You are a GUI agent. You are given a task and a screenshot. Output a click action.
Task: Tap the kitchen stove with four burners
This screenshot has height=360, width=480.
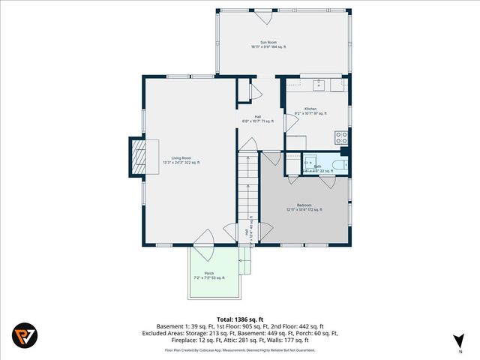341,137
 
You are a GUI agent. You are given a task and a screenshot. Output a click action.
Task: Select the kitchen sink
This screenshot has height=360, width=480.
319,85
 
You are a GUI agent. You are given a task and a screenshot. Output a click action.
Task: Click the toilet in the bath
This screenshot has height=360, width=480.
340,166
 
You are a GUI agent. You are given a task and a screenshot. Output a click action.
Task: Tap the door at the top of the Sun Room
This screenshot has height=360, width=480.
262,16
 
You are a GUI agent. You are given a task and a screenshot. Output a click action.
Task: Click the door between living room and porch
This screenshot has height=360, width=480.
202,239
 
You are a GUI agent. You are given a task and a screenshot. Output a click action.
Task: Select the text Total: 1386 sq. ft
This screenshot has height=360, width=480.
239,319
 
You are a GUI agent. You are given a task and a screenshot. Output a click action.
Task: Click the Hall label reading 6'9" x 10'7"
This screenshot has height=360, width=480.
257,118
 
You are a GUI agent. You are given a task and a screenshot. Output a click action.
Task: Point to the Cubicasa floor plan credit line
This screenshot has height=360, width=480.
239,349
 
